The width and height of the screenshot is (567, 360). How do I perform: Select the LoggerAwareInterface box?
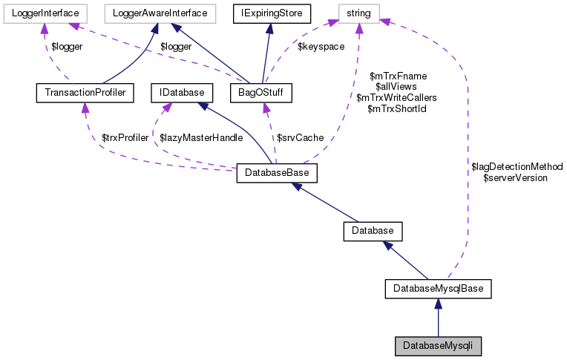(x=160, y=12)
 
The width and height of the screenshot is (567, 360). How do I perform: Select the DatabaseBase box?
(x=277, y=173)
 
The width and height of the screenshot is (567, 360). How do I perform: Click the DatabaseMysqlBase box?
(x=438, y=288)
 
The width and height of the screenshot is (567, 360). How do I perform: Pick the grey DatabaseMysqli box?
(x=438, y=345)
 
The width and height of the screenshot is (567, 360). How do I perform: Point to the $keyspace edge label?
(x=321, y=47)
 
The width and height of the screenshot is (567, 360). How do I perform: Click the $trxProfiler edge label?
(x=125, y=138)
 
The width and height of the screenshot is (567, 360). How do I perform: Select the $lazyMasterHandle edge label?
(x=196, y=138)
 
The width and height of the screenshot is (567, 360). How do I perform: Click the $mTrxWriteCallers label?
(x=396, y=97)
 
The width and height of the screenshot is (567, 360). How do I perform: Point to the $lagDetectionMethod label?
(x=517, y=167)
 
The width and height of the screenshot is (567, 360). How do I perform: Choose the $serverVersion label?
(x=515, y=178)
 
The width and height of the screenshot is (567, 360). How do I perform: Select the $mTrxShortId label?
(x=396, y=108)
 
